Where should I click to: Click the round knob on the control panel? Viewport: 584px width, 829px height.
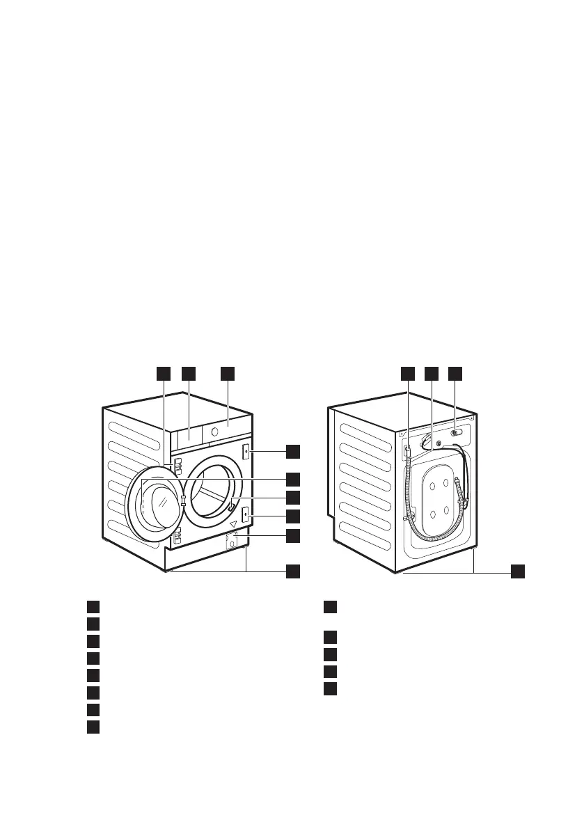214,432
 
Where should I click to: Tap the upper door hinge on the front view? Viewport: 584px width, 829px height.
177,466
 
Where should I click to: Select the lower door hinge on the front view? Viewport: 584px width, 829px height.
177,535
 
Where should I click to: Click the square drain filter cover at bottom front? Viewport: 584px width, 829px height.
232,544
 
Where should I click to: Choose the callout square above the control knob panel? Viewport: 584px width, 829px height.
228,374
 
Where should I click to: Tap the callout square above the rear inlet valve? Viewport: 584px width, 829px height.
455,374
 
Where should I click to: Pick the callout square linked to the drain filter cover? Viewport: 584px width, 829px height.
293,535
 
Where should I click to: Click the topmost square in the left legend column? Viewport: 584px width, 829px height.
93,606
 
